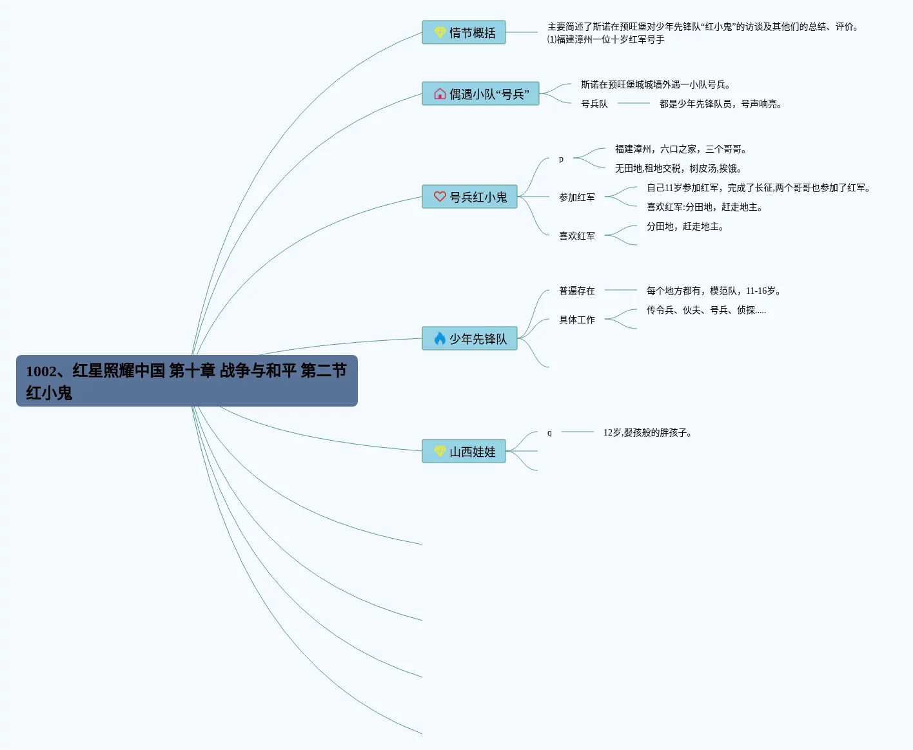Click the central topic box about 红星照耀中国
[186, 381]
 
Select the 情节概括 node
[464, 32]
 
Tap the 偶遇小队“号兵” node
[480, 93]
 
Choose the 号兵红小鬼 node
[469, 197]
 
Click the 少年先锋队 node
[469, 338]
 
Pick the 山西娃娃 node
[464, 451]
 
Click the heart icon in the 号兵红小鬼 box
[440, 197]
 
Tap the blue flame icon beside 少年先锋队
[440, 338]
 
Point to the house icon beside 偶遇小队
[440, 93]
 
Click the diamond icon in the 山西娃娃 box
[440, 450]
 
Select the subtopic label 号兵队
[594, 104]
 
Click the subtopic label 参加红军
[577, 197]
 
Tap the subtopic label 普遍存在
[577, 291]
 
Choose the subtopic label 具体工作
[577, 320]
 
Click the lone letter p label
[561, 159]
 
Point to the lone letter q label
[549, 432]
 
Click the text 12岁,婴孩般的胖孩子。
[647, 432]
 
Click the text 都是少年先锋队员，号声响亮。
[720, 104]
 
